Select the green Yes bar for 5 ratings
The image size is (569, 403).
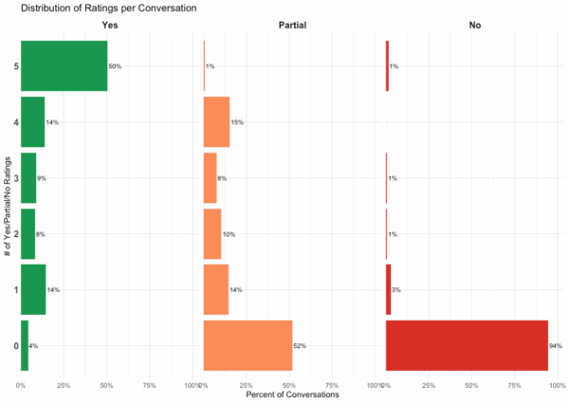pos(64,66)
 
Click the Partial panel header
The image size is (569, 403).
pos(291,24)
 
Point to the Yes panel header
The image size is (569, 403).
pos(109,24)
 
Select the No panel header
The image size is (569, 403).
pos(474,24)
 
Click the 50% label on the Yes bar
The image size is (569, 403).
pos(115,66)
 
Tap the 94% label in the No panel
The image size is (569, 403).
pos(555,345)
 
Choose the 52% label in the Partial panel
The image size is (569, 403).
pos(300,345)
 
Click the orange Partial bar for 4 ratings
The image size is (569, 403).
pos(216,122)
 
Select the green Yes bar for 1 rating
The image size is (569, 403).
pos(33,289)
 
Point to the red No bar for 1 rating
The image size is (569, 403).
pos(388,289)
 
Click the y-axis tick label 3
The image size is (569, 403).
pos(14,178)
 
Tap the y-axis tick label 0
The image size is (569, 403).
pos(14,345)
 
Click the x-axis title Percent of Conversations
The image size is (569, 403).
pos(291,394)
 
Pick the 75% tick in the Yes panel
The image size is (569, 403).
pos(149,385)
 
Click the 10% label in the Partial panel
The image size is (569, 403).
pos(229,234)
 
